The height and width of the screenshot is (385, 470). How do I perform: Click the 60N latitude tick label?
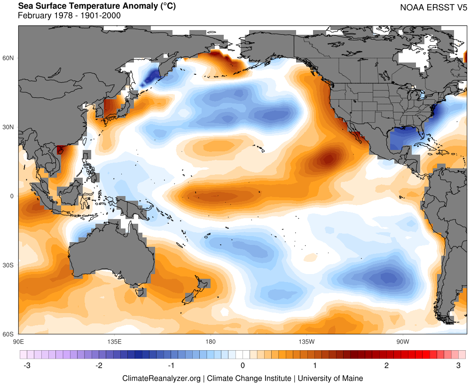9,58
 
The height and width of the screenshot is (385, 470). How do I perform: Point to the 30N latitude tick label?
9,127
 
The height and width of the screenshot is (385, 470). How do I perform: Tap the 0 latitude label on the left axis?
13,196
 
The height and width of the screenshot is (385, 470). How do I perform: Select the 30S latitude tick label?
9,265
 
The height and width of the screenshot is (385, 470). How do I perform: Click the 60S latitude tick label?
9,334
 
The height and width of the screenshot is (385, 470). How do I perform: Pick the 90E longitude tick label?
19,341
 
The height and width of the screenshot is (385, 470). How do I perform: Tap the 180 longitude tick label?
210,341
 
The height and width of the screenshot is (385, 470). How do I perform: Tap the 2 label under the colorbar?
387,365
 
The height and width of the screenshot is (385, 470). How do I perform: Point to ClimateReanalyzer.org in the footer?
161,378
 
